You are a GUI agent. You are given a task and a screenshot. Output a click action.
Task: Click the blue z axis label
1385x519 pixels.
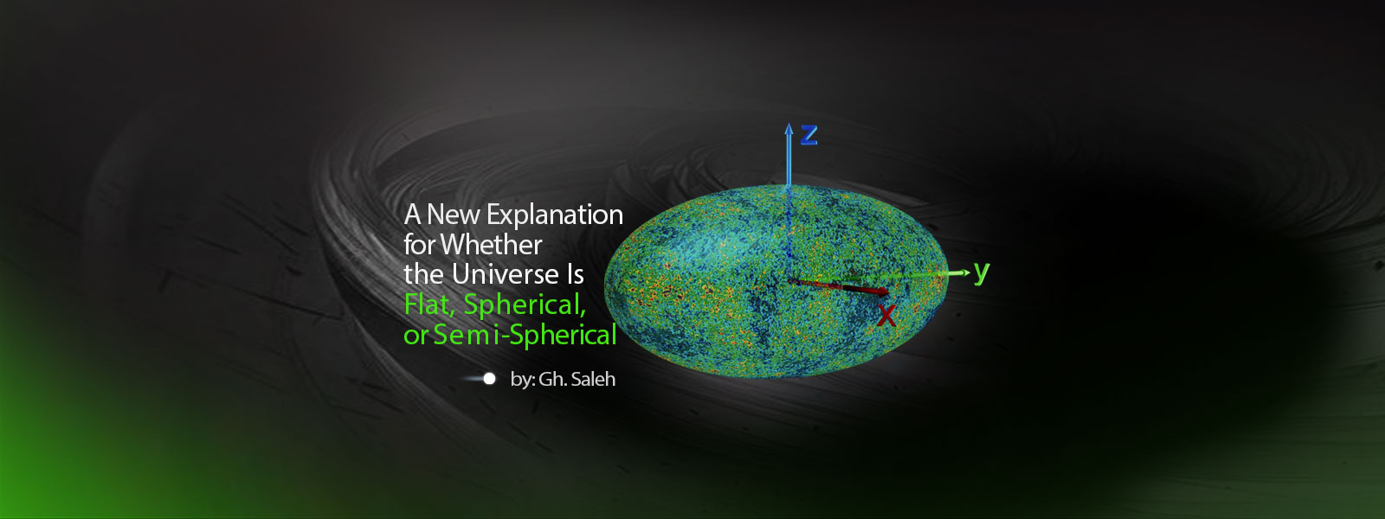pyautogui.click(x=809, y=134)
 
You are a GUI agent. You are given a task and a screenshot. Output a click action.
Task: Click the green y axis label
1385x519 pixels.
pyautogui.click(x=981, y=272)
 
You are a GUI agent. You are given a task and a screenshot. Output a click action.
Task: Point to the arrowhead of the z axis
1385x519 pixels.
pyautogui.click(x=789, y=129)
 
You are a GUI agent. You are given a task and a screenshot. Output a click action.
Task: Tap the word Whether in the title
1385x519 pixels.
pyautogui.click(x=491, y=246)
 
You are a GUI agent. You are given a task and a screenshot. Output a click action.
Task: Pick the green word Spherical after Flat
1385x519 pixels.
pyautogui.click(x=525, y=305)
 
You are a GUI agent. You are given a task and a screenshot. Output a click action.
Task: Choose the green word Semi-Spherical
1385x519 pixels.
pyautogui.click(x=525, y=335)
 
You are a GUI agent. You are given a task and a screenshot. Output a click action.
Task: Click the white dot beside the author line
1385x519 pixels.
pyautogui.click(x=489, y=379)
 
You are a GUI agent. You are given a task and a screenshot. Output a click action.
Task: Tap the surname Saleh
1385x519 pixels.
pyautogui.click(x=593, y=379)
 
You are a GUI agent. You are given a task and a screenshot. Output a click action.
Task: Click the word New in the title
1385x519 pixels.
pyautogui.click(x=454, y=215)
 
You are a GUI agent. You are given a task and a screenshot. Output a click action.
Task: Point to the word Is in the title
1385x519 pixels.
pyautogui.click(x=576, y=275)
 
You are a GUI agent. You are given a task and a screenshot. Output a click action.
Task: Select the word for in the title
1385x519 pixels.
pyautogui.click(x=419, y=246)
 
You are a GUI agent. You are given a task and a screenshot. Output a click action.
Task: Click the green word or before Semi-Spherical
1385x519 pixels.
pyautogui.click(x=415, y=336)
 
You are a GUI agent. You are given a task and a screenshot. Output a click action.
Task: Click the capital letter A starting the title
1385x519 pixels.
pyautogui.click(x=413, y=215)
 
